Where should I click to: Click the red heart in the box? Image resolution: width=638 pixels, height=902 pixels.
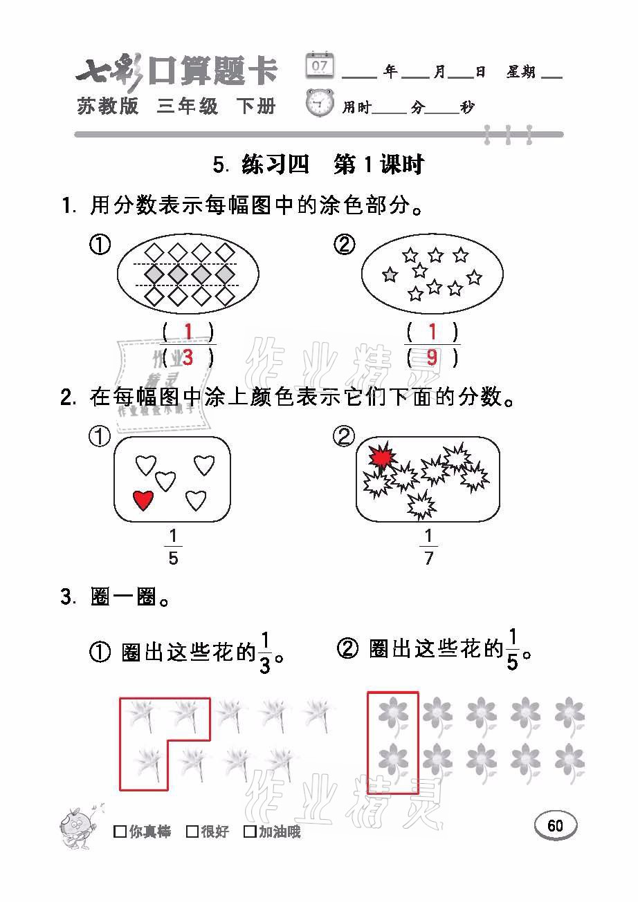pyautogui.click(x=143, y=500)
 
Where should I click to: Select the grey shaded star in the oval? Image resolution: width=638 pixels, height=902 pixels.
pyautogui.click(x=390, y=274)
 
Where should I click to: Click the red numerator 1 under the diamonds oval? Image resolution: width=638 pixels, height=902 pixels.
pyautogui.click(x=188, y=331)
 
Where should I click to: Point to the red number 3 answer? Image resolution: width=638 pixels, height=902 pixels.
pyautogui.click(x=188, y=357)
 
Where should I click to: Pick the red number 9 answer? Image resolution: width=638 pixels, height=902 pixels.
pyautogui.click(x=432, y=357)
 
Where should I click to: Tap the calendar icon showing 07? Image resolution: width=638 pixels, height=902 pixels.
pyautogui.click(x=320, y=65)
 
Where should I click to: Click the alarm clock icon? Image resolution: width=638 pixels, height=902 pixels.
pyautogui.click(x=320, y=103)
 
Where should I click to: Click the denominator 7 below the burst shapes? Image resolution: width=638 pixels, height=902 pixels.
pyautogui.click(x=428, y=558)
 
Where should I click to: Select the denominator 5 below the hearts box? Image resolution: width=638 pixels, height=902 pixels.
pyautogui.click(x=173, y=558)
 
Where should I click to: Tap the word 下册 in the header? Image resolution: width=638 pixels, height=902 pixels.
pyautogui.click(x=256, y=106)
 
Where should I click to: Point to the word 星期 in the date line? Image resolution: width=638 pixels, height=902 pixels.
pyautogui.click(x=521, y=72)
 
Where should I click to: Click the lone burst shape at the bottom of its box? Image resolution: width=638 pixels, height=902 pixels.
pyautogui.click(x=421, y=505)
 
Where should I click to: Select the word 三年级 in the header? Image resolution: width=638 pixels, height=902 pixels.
pyautogui.click(x=188, y=106)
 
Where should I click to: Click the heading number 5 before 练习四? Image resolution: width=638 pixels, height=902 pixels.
pyautogui.click(x=219, y=165)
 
